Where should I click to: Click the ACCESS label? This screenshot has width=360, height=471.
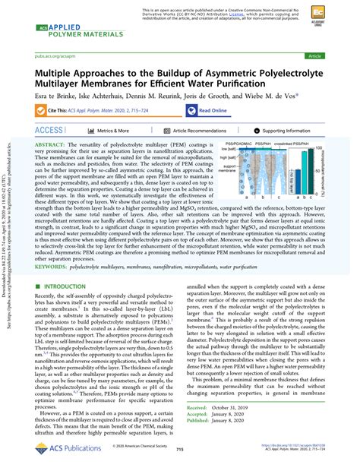[x=49, y=131]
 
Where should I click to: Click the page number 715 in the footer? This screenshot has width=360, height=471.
[x=180, y=450]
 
